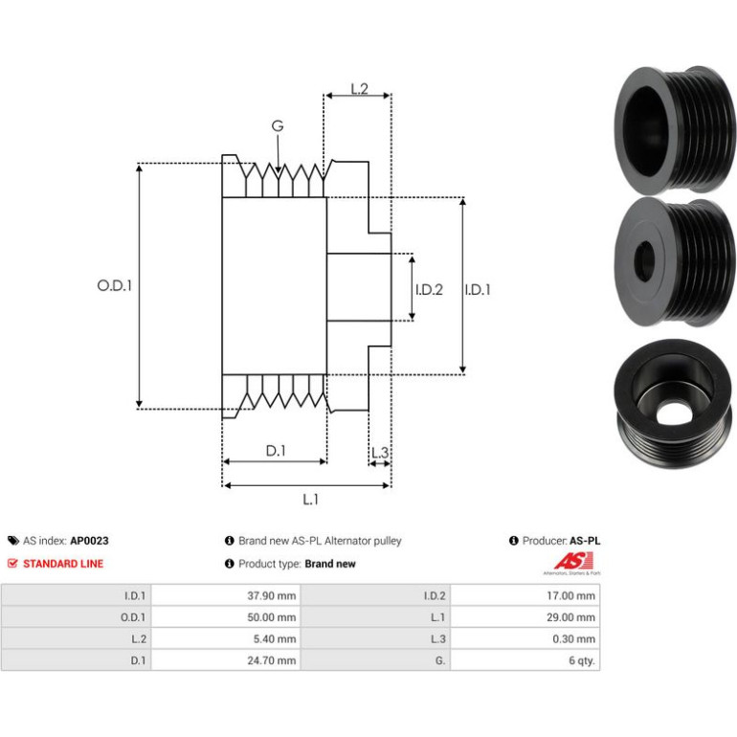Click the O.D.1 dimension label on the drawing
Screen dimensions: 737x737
pos(114,285)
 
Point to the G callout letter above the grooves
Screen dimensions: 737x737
pos(278,126)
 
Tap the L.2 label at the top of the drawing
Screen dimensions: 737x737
pos(359,88)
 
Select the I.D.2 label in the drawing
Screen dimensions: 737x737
pos(429,289)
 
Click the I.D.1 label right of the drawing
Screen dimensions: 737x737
pos(478,289)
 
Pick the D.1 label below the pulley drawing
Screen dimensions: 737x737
pos(276,451)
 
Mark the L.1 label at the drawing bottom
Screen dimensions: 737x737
pos(310,500)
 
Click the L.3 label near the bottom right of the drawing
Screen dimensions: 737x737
pos(380,453)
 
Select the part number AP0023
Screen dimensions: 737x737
pos(89,541)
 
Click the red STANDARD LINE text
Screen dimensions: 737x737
pos(63,564)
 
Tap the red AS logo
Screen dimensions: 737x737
pos(573,561)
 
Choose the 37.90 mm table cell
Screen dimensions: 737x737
pos(226,595)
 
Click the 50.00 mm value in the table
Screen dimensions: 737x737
pos(272,617)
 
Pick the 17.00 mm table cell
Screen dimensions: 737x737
pos(525,595)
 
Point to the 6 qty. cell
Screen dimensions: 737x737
pos(525,660)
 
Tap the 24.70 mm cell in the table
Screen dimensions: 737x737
pos(226,660)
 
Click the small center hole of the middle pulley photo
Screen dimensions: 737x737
pos(644,260)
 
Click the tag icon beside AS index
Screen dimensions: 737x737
pos(13,541)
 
